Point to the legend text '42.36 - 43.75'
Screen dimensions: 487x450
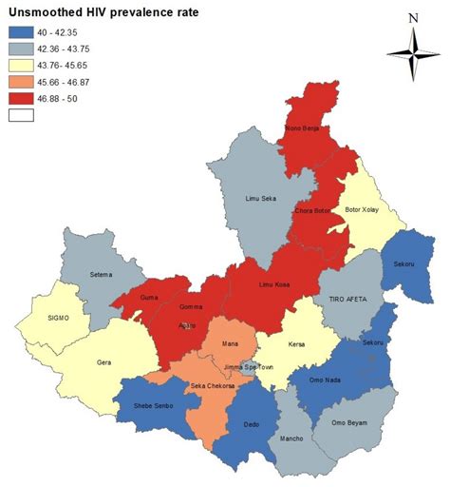75,49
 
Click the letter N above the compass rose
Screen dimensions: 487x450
412,17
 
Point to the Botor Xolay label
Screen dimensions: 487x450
363,209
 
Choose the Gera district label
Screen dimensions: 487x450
104,361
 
